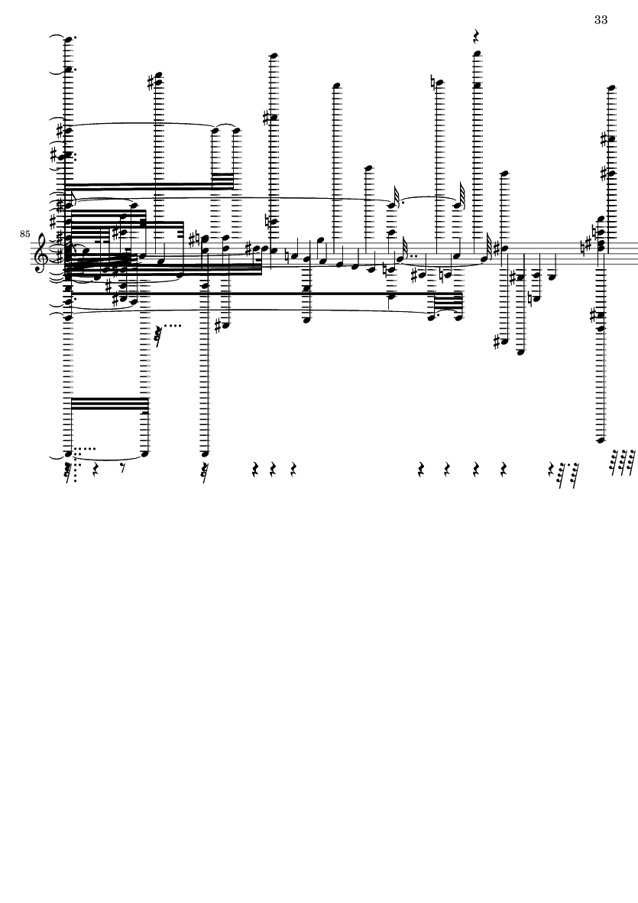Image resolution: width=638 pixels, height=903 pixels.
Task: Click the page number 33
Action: [601, 20]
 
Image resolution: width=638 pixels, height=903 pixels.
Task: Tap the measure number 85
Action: [24, 234]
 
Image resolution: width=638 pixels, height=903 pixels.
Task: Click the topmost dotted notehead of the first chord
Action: [69, 40]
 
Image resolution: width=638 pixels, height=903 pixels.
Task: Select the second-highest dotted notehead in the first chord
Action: [69, 70]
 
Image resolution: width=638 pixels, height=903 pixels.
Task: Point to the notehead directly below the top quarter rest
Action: [476, 55]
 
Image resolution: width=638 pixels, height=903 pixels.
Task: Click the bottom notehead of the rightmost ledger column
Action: [601, 440]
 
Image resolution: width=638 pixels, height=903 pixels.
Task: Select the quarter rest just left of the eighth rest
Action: [96, 466]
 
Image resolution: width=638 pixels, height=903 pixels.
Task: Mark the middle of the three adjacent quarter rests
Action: [273, 469]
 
